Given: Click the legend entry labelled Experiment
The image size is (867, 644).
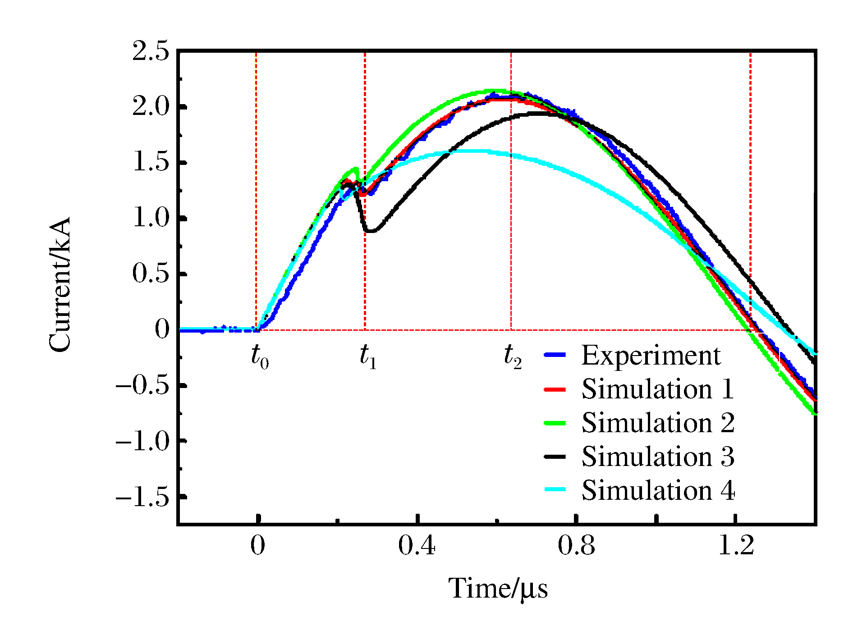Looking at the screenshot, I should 651,356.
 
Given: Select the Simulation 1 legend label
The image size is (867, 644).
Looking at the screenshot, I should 657,389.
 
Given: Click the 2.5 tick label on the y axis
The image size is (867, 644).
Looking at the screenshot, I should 151,51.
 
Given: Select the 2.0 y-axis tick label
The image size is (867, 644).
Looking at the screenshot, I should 151,107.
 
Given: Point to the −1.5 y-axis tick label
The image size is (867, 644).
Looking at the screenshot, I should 142,497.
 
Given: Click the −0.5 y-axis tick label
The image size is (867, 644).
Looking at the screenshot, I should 142,386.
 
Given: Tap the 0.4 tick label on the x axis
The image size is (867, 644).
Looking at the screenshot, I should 417,546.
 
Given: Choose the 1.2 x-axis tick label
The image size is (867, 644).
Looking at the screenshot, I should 736,546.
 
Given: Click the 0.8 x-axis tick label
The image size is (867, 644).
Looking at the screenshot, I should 576,546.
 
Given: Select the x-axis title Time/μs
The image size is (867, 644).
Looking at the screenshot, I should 498,589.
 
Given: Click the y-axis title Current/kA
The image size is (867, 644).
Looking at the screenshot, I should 60,285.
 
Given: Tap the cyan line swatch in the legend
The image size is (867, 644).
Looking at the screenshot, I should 555,490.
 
